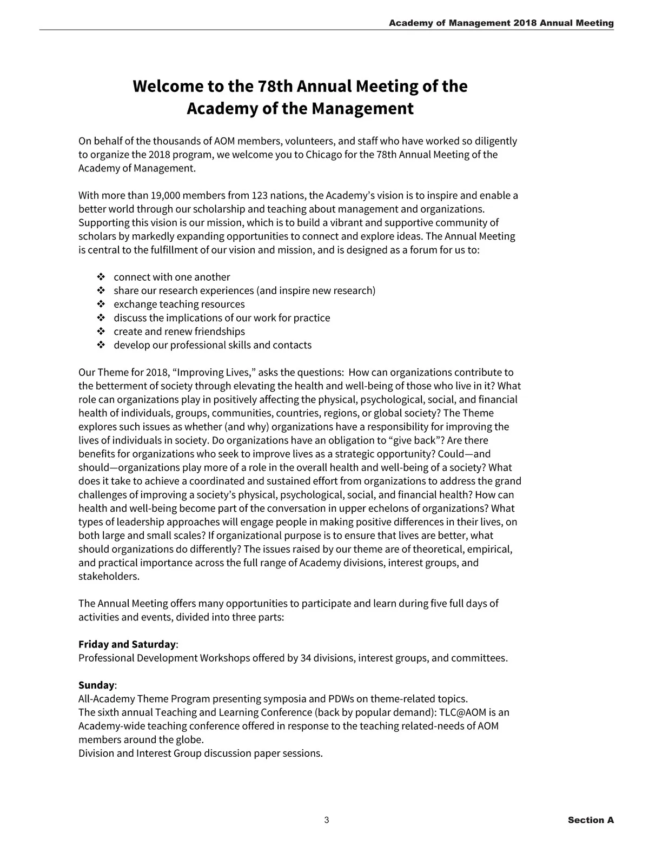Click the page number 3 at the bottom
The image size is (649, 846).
click(x=327, y=820)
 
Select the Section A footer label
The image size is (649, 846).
click(x=591, y=820)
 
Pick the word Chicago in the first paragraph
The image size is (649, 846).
click(x=324, y=155)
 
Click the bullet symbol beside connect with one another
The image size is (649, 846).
click(x=101, y=277)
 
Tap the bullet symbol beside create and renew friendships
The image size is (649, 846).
click(x=101, y=332)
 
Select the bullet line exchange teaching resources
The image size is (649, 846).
click(x=179, y=304)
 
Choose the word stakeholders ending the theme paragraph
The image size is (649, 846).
click(x=109, y=576)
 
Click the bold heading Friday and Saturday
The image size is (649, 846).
click(x=127, y=644)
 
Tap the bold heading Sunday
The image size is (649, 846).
click(x=96, y=685)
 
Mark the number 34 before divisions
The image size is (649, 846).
click(x=306, y=658)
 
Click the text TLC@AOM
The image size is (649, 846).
click(x=463, y=712)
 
